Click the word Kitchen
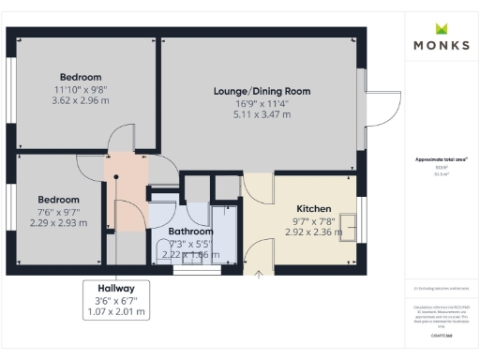coord(313,208)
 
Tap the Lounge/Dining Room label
coord(262,91)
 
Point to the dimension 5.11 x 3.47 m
coord(262,114)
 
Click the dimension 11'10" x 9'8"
coord(80,89)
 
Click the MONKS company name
coord(441,45)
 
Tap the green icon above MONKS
coord(441,27)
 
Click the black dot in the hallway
coord(116,175)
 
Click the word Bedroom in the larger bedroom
coord(80,77)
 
